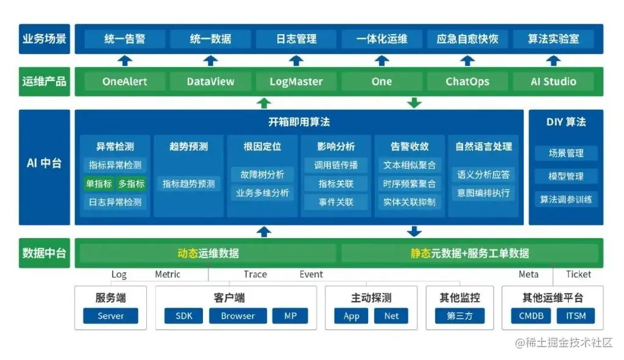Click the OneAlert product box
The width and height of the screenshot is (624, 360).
click(x=124, y=82)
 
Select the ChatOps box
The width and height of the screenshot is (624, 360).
click(x=467, y=82)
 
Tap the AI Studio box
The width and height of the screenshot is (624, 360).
click(x=553, y=82)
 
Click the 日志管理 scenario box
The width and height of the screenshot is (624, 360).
click(x=296, y=39)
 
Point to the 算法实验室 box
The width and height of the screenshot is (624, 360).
click(x=553, y=39)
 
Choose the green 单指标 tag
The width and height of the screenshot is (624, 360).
click(x=98, y=183)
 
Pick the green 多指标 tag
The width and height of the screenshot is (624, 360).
click(x=131, y=183)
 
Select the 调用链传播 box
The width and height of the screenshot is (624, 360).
click(x=336, y=165)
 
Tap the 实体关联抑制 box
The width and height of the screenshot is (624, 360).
click(x=409, y=202)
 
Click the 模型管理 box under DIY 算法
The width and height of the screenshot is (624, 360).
click(x=566, y=176)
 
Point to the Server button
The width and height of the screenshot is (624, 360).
click(x=110, y=316)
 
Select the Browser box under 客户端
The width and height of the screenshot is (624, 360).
click(x=238, y=316)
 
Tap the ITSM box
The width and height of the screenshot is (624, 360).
click(x=575, y=316)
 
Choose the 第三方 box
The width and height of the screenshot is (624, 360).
click(x=459, y=316)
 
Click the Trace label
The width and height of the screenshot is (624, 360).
click(x=255, y=274)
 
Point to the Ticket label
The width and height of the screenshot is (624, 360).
click(x=578, y=274)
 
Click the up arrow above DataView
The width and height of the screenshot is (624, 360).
click(x=210, y=60)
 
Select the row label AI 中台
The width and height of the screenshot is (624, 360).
click(x=44, y=163)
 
